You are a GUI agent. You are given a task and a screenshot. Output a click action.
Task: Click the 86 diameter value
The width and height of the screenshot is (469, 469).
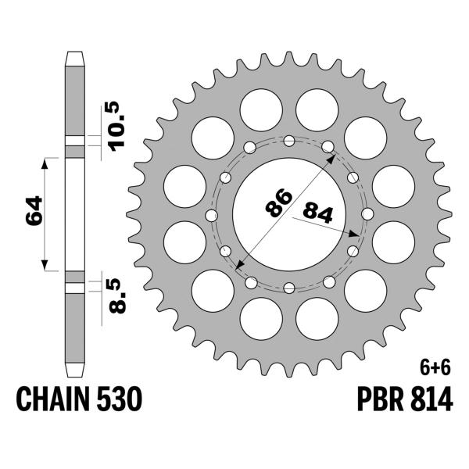pyautogui.click(x=275, y=203)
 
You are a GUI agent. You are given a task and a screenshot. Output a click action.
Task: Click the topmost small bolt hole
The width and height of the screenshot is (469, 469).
pyautogui.click(x=289, y=141)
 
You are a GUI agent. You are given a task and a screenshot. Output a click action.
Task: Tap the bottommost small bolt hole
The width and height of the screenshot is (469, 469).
pyautogui.click(x=289, y=287)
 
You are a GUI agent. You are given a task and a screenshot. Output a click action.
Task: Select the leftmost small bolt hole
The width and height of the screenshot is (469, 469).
pyautogui.click(x=209, y=214)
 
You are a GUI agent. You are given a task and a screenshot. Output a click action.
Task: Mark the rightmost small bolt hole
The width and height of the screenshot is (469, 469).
pyautogui.click(x=368, y=214)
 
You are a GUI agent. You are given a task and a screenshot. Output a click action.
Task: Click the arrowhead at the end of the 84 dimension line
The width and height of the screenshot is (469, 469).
pyautogui.click(x=356, y=234)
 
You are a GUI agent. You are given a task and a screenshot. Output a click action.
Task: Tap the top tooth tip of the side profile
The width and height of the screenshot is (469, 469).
pyautogui.click(x=73, y=55)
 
